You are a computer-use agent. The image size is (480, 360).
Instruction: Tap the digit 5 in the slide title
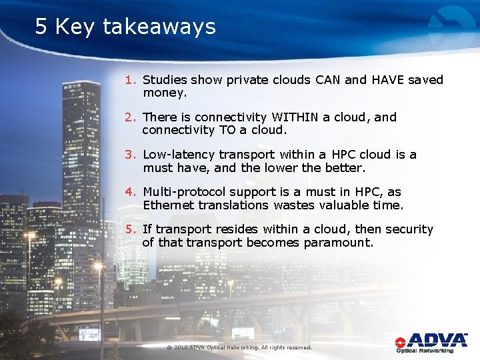pyautogui.click(x=42, y=27)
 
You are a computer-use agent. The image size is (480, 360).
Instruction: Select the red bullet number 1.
pyautogui.click(x=130, y=80)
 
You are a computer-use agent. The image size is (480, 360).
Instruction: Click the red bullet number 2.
pyautogui.click(x=130, y=117)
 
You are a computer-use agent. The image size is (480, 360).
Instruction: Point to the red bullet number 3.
pyautogui.click(x=130, y=155)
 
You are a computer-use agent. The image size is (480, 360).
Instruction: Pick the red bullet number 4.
pyautogui.click(x=130, y=192)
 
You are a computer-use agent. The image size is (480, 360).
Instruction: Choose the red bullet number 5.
pyautogui.click(x=130, y=229)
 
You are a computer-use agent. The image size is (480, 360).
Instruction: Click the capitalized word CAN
pyautogui.click(x=327, y=80)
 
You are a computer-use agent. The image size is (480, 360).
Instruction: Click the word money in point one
pyautogui.click(x=164, y=93)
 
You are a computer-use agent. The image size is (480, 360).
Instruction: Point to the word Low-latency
pyautogui.click(x=177, y=155)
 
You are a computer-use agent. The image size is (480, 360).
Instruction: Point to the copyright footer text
pyautogui.click(x=239, y=347)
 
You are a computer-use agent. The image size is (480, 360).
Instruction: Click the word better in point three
pyautogui.click(x=345, y=168)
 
